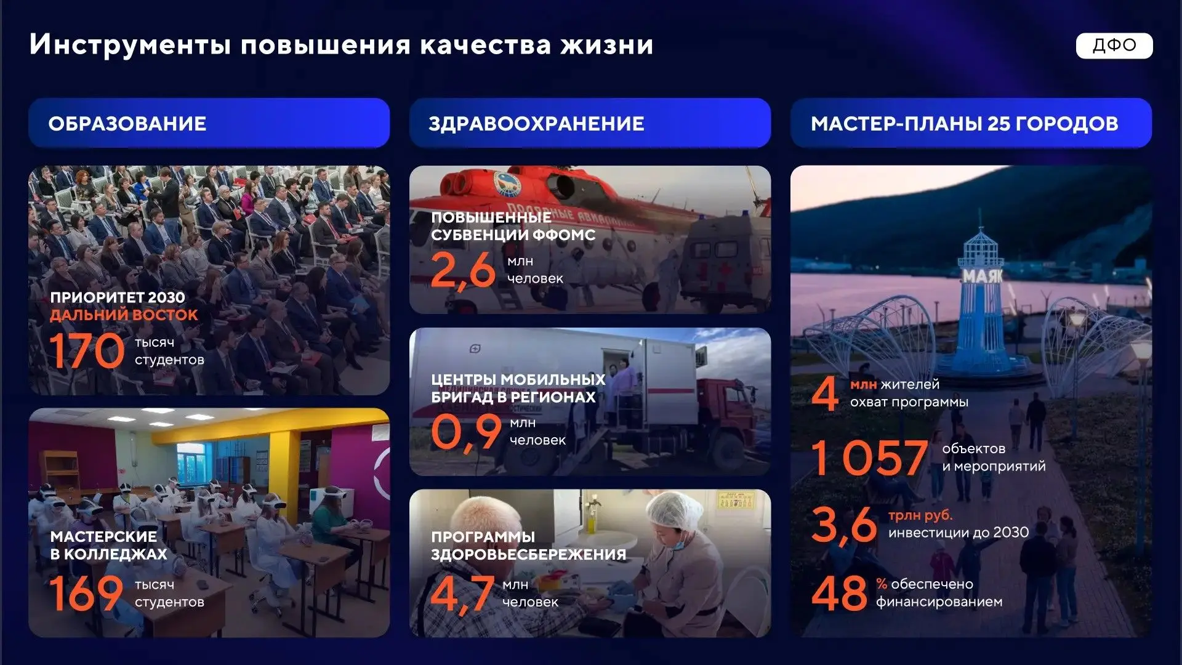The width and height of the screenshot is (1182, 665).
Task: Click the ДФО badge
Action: (1114, 46)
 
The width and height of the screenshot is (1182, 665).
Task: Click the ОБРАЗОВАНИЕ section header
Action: (209, 123)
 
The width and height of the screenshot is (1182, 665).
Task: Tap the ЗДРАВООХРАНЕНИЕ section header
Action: (590, 123)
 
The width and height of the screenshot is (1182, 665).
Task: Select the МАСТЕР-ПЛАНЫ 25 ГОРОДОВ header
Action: (971, 123)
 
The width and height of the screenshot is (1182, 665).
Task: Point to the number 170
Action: (87, 350)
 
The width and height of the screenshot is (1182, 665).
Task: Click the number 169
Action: (86, 593)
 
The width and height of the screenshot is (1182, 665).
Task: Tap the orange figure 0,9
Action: (466, 432)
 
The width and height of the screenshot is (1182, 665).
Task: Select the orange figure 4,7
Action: (462, 594)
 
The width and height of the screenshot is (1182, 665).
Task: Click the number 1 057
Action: (869, 457)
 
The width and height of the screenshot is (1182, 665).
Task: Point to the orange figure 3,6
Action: (844, 525)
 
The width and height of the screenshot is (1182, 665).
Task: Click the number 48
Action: (839, 593)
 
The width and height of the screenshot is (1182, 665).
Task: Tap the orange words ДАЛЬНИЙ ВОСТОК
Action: (124, 315)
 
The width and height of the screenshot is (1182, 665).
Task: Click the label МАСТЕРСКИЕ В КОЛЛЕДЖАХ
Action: (109, 545)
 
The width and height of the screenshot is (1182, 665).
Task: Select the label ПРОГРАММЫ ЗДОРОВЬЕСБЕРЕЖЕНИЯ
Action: (528, 546)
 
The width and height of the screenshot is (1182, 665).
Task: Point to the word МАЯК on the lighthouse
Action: (983, 276)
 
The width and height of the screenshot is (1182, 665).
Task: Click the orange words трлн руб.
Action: (920, 515)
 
